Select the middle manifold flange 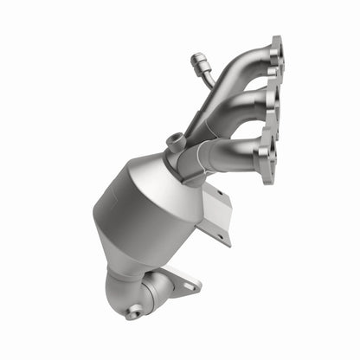273,105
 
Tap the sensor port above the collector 177,140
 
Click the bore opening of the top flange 276,58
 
